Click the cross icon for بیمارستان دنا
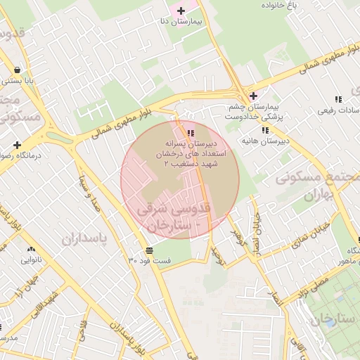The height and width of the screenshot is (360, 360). [x=181, y=11]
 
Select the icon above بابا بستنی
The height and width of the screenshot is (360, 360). [x=16, y=70]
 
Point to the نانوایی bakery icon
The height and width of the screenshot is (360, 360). [x=31, y=249]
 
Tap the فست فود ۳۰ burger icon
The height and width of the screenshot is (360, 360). [x=149, y=250]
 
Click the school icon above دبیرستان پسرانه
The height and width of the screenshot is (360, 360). [x=191, y=133]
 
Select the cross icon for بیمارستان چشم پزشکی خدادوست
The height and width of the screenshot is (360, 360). [x=253, y=96]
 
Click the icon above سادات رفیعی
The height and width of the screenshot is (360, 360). [x=338, y=99]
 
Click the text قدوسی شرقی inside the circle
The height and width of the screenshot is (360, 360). [x=176, y=209]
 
